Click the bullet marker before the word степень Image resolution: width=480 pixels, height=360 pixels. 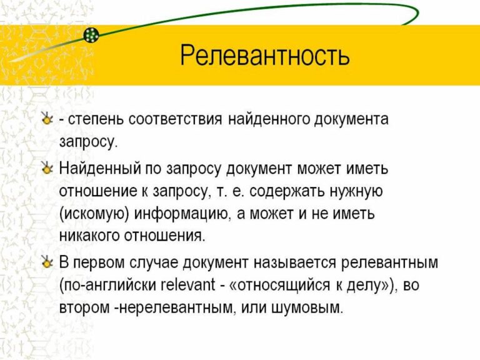pos(46,119)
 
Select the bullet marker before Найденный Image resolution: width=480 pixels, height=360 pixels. pos(46,169)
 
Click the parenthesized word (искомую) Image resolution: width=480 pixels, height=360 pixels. pos(94,214)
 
